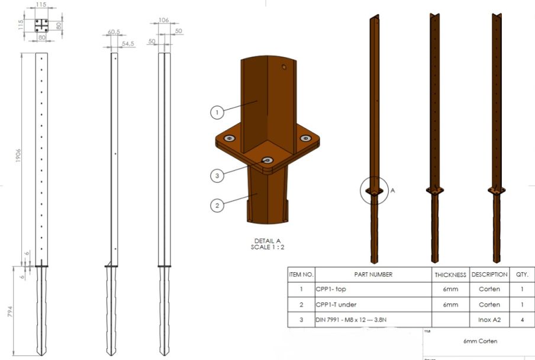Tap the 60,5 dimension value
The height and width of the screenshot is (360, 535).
pyautogui.click(x=114, y=32)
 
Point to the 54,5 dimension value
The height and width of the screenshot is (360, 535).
pyautogui.click(x=127, y=44)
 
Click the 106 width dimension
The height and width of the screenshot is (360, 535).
pyautogui.click(x=164, y=20)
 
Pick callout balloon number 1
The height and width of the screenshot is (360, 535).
pyautogui.click(x=217, y=111)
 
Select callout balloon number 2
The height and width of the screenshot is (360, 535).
pyautogui.click(x=217, y=205)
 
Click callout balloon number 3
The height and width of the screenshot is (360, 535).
pyautogui.click(x=217, y=175)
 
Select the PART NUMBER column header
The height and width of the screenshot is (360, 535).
pyautogui.click(x=373, y=275)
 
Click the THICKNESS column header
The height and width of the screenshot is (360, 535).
pyautogui.click(x=450, y=275)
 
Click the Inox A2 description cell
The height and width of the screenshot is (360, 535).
pyautogui.click(x=489, y=320)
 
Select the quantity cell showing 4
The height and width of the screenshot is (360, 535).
pyautogui.click(x=521, y=320)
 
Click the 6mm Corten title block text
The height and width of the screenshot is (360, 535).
pyautogui.click(x=480, y=341)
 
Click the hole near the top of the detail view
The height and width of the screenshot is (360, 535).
pyautogui.click(x=285, y=67)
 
